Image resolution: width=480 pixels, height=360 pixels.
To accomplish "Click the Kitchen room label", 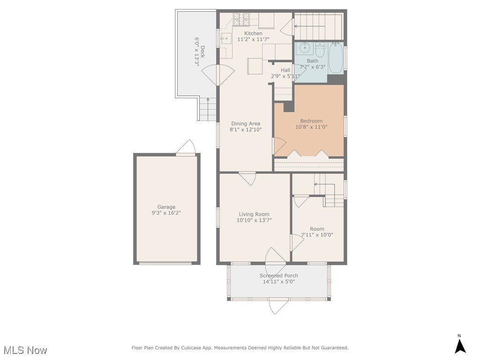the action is pos(253,33).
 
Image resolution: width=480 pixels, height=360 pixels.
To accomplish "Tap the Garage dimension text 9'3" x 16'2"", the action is pos(166,213).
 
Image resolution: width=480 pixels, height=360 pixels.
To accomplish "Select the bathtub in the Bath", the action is pos(336,58).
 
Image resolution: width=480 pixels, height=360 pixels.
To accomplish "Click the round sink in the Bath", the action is pos(305,48).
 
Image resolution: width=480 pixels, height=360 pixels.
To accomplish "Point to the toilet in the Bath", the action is pos(320,50).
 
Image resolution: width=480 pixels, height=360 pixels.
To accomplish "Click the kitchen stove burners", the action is pos(241,19).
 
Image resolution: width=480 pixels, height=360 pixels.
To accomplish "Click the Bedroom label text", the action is pos(311,121).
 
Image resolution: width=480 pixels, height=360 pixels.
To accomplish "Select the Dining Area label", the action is pos(246,124).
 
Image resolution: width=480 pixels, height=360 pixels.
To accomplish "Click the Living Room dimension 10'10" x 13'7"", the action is pos(254,220).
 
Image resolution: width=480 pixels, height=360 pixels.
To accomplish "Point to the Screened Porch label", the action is pos(279,276).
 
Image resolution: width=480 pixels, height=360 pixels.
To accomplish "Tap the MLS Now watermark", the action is pos(25,350).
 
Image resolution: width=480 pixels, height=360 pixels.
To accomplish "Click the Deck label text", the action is pos(202,52).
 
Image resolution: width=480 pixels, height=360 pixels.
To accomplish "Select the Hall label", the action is pos(285,70).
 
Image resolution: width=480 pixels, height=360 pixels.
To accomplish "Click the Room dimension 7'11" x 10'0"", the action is pos(317,235).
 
